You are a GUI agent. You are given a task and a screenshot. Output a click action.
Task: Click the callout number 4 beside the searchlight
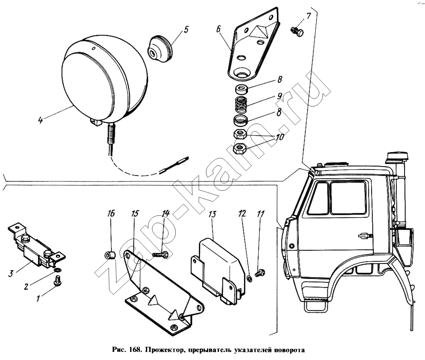(41, 120)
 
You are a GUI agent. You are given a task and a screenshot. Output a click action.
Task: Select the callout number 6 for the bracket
(219, 29)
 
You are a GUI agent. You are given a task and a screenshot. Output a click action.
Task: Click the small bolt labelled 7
(297, 32)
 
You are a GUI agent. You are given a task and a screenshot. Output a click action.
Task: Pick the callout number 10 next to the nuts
(280, 137)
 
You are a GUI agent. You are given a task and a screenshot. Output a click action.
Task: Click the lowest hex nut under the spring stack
(240, 148)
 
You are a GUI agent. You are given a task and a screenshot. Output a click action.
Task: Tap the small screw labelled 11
(260, 272)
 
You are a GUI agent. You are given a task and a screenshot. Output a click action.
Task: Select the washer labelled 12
(250, 278)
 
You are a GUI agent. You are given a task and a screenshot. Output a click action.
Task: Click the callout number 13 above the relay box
(212, 214)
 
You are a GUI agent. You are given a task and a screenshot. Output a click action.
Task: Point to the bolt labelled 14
(160, 255)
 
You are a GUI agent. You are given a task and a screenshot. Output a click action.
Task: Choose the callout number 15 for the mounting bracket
(135, 214)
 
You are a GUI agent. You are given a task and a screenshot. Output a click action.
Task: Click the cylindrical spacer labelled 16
(110, 255)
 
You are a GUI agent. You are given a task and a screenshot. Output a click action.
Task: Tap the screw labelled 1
(58, 281)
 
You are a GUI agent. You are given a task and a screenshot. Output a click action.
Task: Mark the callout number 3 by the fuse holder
(11, 273)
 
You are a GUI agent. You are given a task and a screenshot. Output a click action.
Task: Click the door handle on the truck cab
(364, 235)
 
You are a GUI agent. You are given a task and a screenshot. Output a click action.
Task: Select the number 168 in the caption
(134, 350)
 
